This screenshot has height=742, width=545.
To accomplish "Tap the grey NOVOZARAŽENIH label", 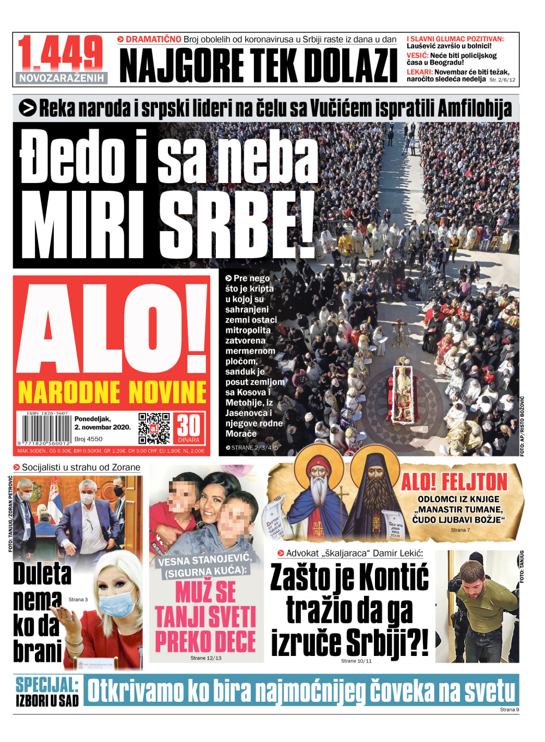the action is (61, 78).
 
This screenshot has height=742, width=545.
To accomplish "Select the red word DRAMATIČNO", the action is (153, 39).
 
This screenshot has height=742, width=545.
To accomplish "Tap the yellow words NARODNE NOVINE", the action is (112, 392).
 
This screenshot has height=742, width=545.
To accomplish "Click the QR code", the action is (154, 428).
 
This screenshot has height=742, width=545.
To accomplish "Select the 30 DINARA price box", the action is (189, 428).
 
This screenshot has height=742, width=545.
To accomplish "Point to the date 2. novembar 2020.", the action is (102, 427).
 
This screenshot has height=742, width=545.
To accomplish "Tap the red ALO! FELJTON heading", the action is (454, 482).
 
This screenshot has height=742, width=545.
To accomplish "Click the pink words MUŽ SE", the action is (205, 592).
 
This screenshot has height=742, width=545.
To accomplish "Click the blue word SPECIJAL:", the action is (47, 684).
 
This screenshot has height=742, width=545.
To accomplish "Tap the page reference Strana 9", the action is (509, 709).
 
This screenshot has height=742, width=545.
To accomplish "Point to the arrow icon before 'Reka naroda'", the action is (27, 108).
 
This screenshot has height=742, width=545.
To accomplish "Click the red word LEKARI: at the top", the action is (419, 72).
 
